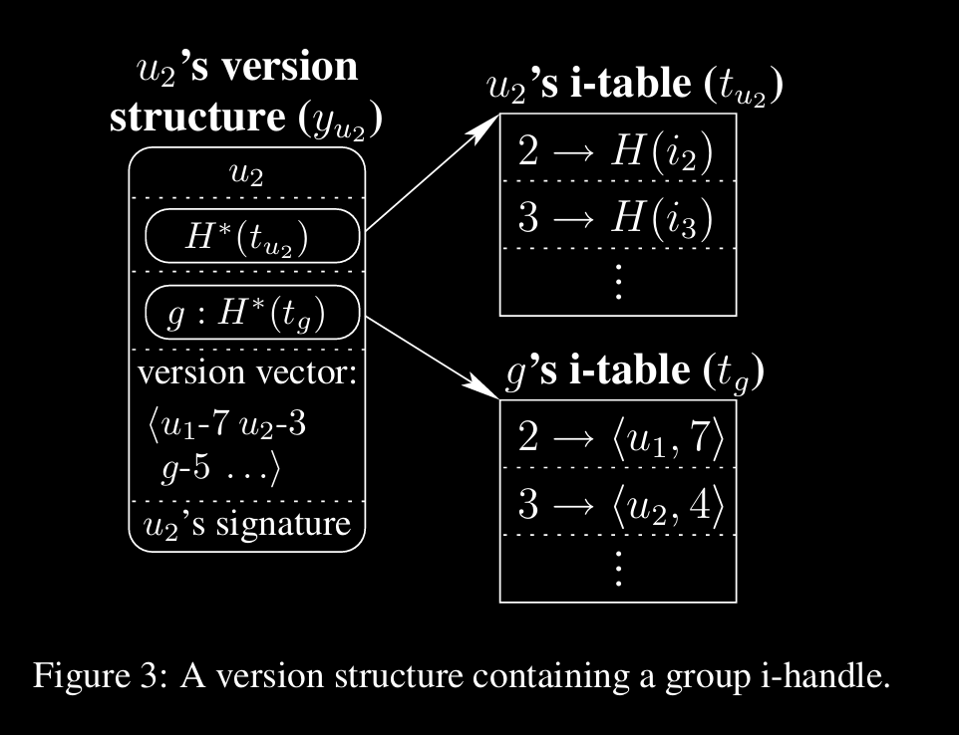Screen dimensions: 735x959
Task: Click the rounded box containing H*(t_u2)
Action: (251, 236)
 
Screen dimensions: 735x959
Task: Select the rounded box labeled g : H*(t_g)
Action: (251, 312)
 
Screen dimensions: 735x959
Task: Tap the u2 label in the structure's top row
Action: (247, 173)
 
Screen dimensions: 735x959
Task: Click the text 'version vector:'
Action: (247, 373)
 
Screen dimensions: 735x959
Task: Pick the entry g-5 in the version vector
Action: (185, 467)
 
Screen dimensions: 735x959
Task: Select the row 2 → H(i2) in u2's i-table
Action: (617, 150)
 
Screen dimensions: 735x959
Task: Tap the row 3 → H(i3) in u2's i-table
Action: (617, 215)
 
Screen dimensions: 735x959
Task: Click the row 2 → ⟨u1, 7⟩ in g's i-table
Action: (617, 437)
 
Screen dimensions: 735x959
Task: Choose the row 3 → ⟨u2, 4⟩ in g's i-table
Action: (617, 503)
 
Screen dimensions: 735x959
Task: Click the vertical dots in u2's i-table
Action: (618, 283)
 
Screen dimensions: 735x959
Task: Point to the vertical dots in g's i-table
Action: (618, 569)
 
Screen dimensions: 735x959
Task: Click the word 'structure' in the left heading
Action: (195, 117)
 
